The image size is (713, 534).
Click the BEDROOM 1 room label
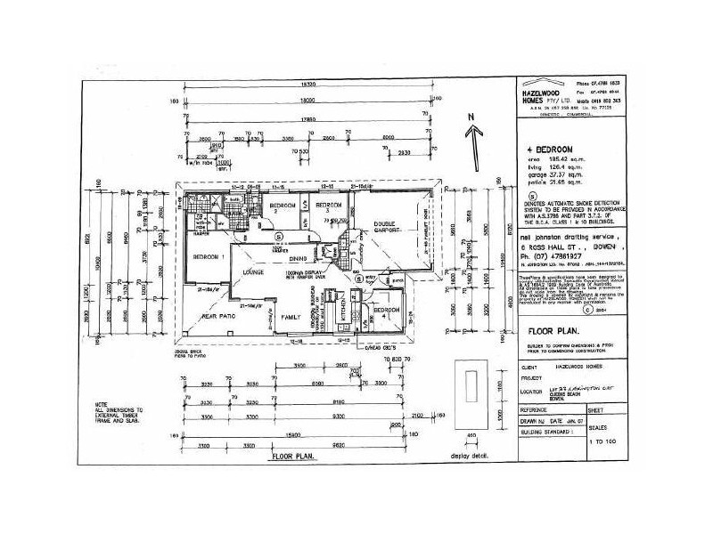[x=209, y=256]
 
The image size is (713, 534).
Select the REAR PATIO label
[x=217, y=315]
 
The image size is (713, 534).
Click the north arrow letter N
[x=468, y=116]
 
